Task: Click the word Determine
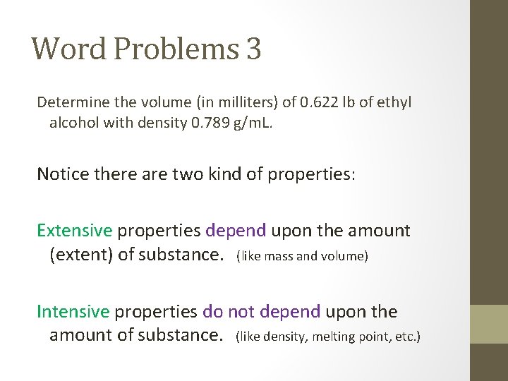(70, 102)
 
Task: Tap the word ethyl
(394, 103)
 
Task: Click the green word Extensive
(75, 231)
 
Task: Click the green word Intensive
(73, 312)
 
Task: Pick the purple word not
(241, 312)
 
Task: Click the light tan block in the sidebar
(489, 324)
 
